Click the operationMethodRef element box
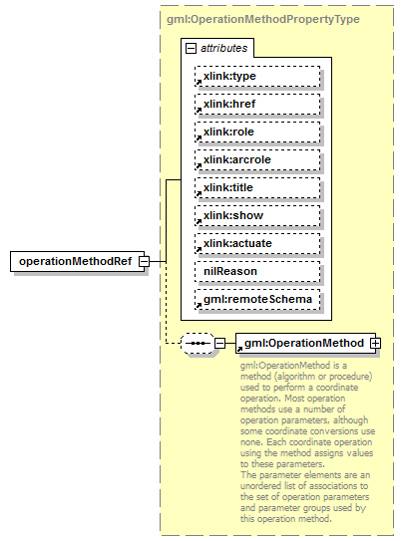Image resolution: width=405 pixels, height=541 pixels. [75, 261]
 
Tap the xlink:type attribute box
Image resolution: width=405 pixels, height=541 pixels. [257, 76]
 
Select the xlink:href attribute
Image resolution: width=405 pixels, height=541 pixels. [257, 104]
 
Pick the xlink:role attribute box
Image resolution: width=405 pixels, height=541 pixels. [257, 132]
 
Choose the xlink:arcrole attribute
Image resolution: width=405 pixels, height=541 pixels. [257, 159]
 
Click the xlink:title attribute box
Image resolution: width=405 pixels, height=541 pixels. [257, 187]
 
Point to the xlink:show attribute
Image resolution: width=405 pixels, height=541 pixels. [257, 215]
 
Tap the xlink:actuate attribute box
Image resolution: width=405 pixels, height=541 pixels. [257, 243]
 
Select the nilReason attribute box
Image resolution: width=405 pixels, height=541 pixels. [257, 271]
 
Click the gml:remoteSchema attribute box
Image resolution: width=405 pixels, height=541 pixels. [257, 299]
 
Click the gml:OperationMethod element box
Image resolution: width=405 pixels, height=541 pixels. [303, 344]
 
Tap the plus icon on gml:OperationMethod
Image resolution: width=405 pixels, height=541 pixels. [376, 344]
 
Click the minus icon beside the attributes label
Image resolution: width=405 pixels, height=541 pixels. [190, 47]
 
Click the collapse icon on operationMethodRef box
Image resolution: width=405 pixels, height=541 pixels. [145, 261]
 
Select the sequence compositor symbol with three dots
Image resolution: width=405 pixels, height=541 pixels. [198, 344]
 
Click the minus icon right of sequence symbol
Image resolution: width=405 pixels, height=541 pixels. [219, 344]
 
